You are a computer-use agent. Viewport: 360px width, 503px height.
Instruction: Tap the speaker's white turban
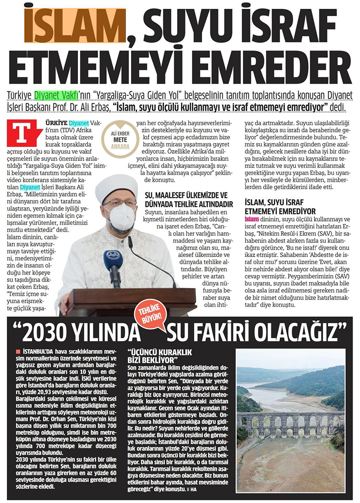coord(116,186)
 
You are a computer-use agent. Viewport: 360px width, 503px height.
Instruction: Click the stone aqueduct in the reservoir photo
coord(291,423)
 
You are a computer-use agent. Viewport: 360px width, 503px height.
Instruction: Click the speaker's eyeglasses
coord(119,203)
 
